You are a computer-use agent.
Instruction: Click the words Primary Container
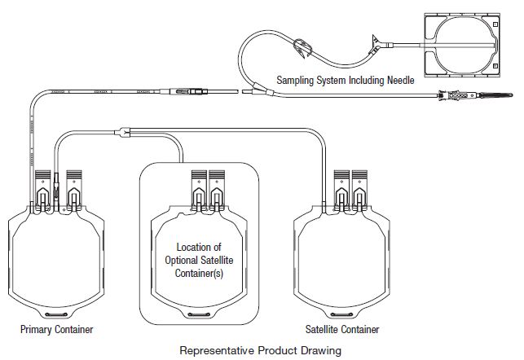point(57,330)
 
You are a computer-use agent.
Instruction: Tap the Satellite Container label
point(342,330)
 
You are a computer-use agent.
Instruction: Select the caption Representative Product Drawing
point(261,351)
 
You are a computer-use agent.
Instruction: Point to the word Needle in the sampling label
point(399,81)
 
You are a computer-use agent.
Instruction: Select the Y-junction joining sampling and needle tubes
point(256,87)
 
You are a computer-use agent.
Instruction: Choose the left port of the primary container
point(45,188)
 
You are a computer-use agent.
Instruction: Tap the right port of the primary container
point(74,188)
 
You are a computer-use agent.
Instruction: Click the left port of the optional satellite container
point(198,188)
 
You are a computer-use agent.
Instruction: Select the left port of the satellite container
point(342,188)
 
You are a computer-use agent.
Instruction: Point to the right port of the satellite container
point(362,188)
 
